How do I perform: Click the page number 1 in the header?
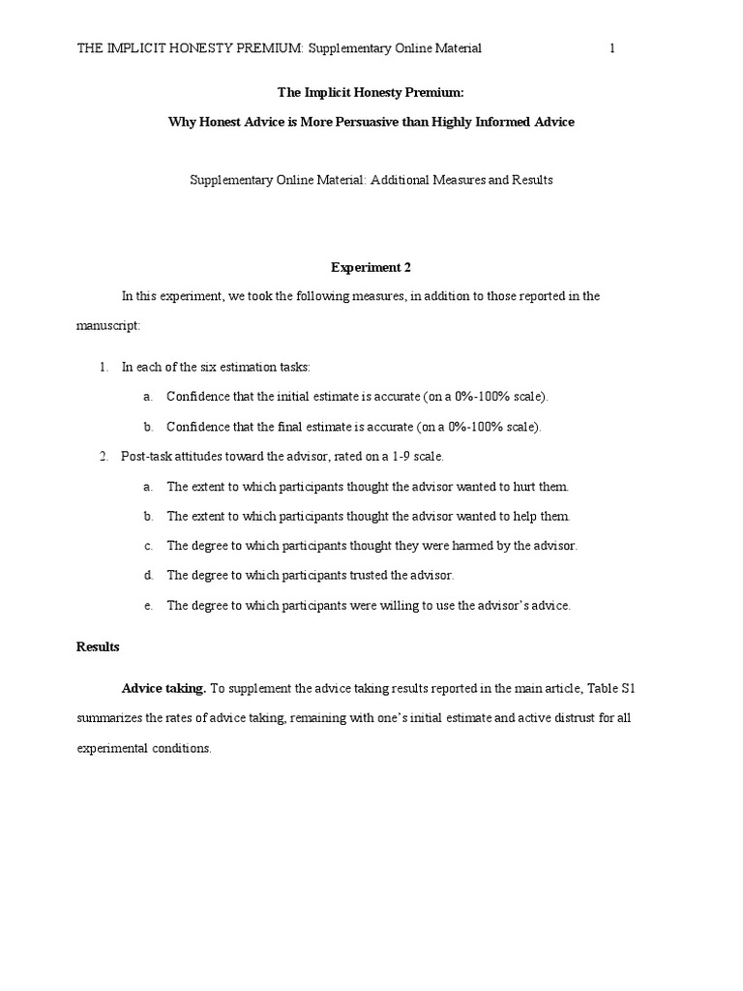coord(612,48)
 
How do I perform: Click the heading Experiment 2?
coord(371,266)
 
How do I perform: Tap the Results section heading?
coord(98,646)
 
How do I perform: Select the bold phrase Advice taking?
coord(163,688)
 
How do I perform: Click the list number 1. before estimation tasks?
coord(104,367)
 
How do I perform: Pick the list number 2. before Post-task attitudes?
coord(104,456)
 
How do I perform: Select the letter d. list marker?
coord(148,575)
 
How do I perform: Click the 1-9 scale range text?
coord(395,456)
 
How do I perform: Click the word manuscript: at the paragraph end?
coord(108,326)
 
